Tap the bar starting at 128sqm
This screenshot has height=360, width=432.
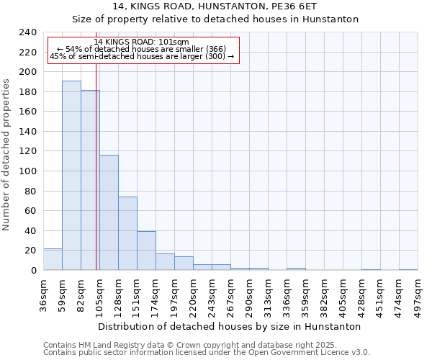[x=127, y=233]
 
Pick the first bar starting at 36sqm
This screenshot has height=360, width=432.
[x=53, y=259]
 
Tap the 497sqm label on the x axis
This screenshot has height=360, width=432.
[x=418, y=295]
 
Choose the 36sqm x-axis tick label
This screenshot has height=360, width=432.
[x=44, y=295]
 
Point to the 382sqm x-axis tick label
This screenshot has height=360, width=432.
[x=325, y=295]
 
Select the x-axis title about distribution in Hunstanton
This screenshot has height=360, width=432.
[x=229, y=326]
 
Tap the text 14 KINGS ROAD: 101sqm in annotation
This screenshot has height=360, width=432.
[x=141, y=42]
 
